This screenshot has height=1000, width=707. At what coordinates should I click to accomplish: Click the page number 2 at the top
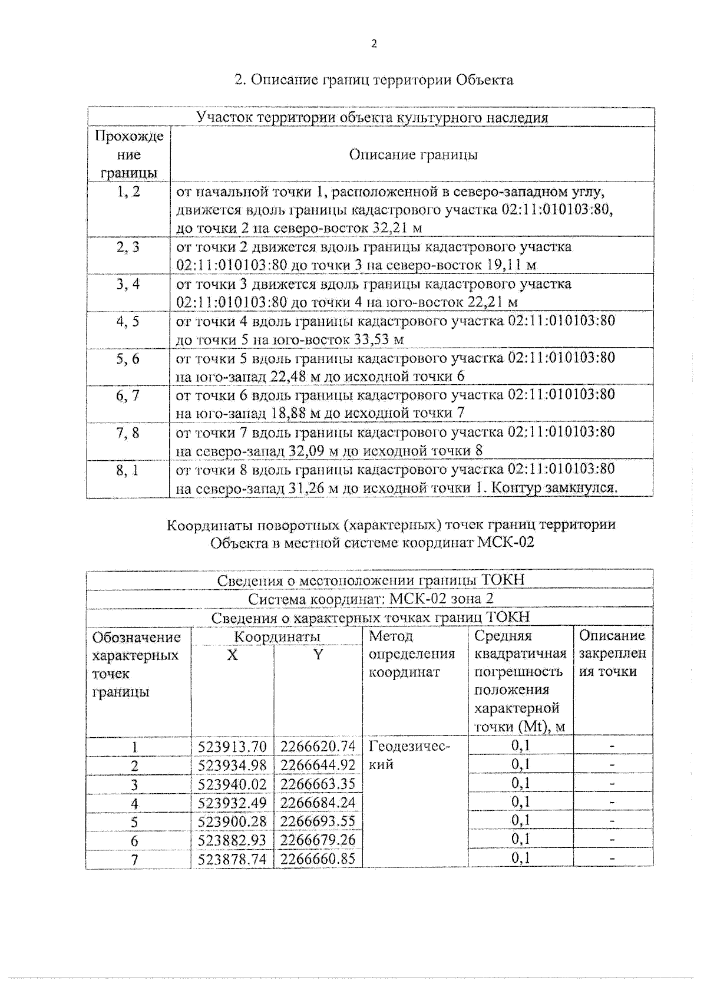point(374,44)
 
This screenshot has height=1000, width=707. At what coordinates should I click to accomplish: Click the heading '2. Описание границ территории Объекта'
point(374,80)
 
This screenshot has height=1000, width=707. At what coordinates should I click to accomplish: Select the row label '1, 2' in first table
point(128,192)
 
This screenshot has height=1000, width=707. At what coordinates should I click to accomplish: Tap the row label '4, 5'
point(128,322)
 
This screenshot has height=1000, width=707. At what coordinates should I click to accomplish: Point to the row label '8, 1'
point(128,470)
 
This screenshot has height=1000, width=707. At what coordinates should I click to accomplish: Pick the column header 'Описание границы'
point(413,154)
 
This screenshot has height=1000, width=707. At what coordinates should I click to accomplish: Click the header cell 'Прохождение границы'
point(128,154)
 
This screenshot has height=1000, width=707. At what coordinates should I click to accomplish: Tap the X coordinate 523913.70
point(232,747)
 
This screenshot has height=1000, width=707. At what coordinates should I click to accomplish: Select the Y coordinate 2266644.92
point(318,765)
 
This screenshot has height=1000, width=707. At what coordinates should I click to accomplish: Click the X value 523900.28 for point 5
point(232,821)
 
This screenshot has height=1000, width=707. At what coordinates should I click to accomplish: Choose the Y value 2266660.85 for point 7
point(318,859)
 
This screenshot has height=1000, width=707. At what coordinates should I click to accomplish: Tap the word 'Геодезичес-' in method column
point(409,747)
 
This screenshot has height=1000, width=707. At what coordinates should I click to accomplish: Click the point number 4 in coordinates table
point(134,803)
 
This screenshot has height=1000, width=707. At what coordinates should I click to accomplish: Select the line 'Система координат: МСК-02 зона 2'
point(371,599)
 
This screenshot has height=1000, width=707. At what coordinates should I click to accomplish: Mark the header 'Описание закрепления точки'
point(612,654)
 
